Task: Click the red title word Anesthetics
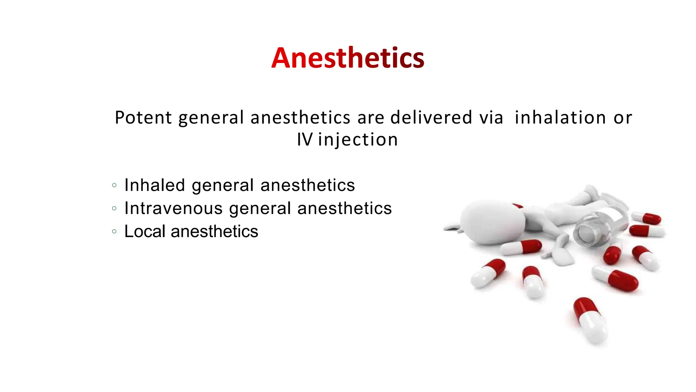pos(348,58)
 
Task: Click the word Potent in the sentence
pos(143,118)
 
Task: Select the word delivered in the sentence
pos(431,118)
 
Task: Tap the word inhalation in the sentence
pos(560,118)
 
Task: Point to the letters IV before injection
pos(304,140)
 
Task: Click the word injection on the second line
pos(358,140)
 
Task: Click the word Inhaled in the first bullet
pos(155,185)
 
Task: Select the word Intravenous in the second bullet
pos(173,208)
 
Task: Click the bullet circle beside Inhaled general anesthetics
pos(114,185)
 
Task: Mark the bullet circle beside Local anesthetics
pos(114,232)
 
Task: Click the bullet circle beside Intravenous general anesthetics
pos(114,209)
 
